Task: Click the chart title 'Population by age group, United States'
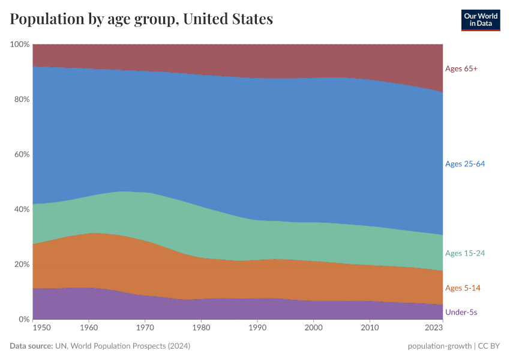coord(142,19)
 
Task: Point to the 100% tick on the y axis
coord(20,44)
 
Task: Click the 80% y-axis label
coord(21,100)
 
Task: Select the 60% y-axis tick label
coord(21,154)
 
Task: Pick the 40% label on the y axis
coord(21,209)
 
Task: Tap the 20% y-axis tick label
coord(21,265)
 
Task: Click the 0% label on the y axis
coord(23,319)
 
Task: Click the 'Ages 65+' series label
coord(461,68)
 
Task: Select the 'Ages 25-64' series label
coord(465,164)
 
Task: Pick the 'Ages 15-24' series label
coord(465,253)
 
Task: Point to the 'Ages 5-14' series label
coord(463,288)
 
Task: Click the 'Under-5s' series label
coord(461,312)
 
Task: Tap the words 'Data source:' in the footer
coord(31,346)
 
